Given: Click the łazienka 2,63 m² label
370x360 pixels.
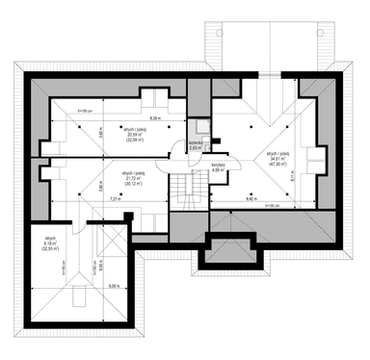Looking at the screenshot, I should pos(197,145).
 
